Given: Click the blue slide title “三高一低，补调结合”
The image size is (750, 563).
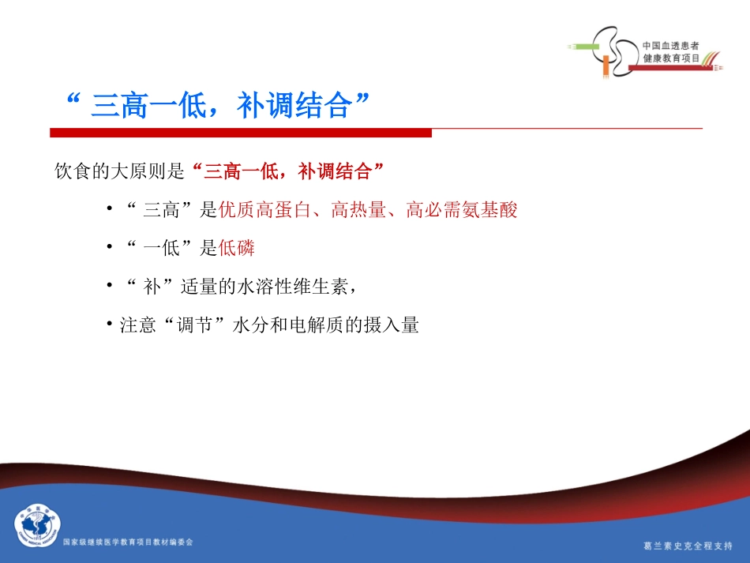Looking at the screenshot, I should coord(219,106).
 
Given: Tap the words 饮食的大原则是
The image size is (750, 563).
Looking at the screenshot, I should coord(118,170).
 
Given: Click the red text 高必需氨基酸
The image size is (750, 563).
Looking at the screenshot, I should coord(462,211).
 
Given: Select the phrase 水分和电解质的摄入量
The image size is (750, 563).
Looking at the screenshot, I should coord(325,325).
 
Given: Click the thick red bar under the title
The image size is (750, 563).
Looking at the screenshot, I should coord(241,133).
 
